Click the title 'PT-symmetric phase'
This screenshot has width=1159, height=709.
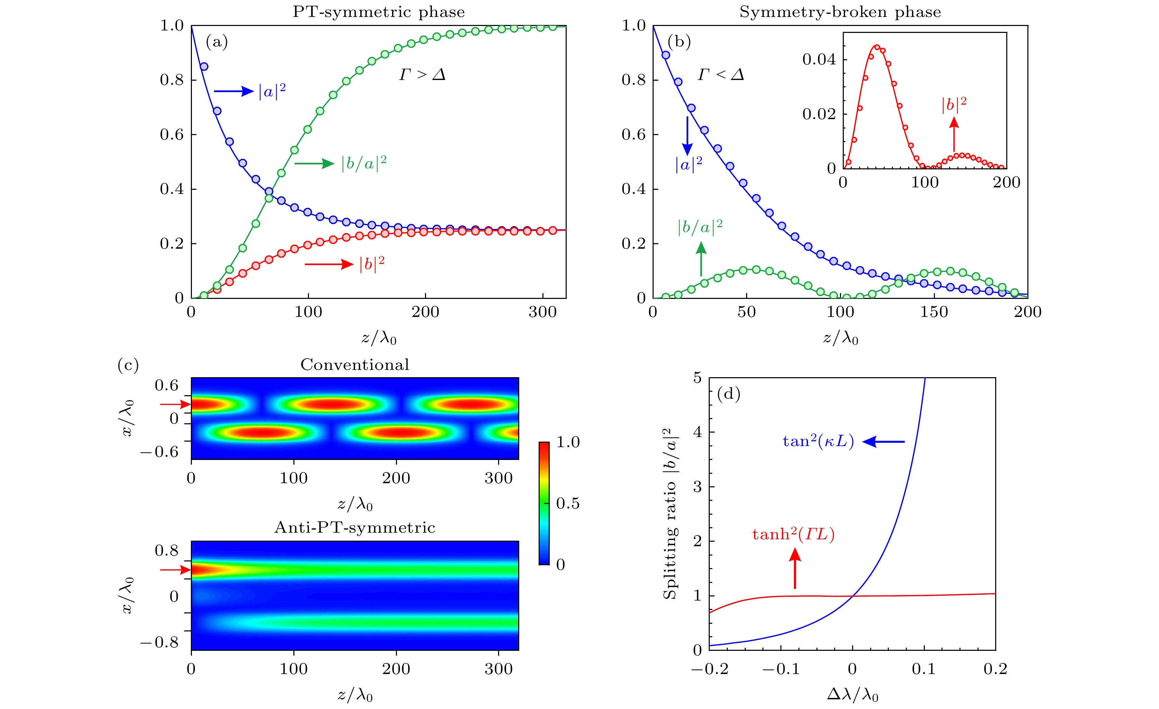(379, 12)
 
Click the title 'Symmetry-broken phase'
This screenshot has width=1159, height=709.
(840, 12)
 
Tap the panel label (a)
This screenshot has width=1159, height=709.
(217, 42)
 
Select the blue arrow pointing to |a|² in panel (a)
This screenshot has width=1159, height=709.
(234, 91)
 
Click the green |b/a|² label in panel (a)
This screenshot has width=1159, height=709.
(364, 163)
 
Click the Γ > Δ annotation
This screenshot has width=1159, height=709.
(422, 74)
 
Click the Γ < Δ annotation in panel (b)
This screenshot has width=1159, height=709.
(720, 74)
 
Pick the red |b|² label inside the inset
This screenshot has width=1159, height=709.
(954, 105)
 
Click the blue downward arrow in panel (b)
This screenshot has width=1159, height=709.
(687, 135)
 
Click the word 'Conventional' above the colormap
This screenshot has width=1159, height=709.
(355, 365)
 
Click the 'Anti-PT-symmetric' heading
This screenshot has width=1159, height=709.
(355, 528)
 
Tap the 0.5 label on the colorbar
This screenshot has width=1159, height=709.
(568, 503)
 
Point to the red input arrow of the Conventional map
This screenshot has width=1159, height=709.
(175, 404)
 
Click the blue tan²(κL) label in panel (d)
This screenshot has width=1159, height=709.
(818, 442)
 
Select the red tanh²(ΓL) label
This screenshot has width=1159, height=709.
(793, 534)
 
